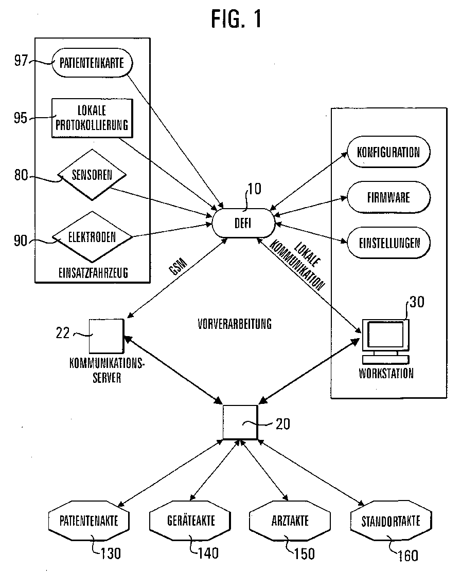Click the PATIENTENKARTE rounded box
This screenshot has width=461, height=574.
point(92,63)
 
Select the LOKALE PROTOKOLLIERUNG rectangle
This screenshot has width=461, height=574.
point(92,118)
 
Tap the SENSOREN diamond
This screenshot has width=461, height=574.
point(92,175)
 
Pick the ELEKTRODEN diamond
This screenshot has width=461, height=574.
point(92,237)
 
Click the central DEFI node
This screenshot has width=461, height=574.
point(243,223)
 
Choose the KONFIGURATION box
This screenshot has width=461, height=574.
point(388,152)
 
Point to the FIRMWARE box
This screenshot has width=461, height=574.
point(388,197)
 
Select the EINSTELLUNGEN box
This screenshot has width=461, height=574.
point(388,243)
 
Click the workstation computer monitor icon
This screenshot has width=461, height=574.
point(385,342)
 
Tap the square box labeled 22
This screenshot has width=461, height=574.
point(107,336)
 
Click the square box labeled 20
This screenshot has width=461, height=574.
point(240,422)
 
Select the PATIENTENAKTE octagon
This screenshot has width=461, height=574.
point(88,521)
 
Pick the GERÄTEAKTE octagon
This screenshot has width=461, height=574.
point(190,521)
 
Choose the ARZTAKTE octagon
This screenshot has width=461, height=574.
point(290,521)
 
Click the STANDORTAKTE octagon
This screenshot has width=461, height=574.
point(391,521)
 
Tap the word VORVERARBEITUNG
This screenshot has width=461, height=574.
point(235,324)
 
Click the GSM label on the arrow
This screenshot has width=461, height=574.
point(178,267)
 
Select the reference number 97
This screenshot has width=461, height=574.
point(21,61)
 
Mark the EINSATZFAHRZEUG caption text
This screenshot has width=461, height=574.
point(93,273)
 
